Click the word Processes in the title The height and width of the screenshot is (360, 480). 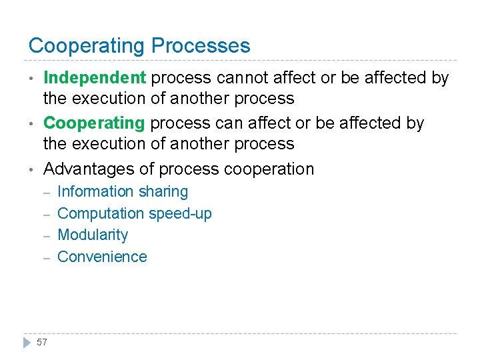pos(201,46)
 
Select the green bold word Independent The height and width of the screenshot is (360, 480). pos(95,78)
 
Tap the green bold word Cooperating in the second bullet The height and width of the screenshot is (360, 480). pos(94,123)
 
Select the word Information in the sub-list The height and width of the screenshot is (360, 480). pos(95,192)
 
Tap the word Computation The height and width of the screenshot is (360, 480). pos(101,214)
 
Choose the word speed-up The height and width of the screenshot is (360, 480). pos(180,214)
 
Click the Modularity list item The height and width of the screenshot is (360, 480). pos(93,235)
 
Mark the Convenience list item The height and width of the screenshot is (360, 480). pos(102,257)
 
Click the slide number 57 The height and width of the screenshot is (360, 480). pos(42,342)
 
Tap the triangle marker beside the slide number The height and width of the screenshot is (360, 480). pos(27,342)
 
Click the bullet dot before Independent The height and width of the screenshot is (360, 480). pos(31,79)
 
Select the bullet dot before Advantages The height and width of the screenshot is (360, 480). pos(31,169)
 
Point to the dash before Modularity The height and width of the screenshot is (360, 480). pos(47,235)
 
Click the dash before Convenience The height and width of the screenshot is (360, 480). pos(47,257)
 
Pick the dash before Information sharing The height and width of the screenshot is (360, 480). pos(47,192)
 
